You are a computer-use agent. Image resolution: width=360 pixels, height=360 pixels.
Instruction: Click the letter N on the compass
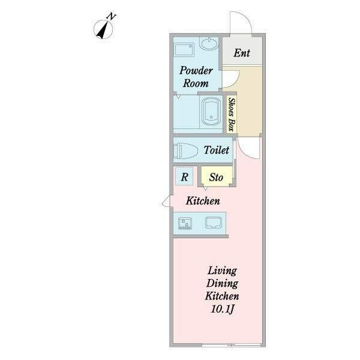(111, 17)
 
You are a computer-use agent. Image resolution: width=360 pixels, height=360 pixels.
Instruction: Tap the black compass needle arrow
(103, 31)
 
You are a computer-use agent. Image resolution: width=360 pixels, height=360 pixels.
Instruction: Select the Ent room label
(242, 53)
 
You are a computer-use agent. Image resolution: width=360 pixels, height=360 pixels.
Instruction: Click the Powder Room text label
(196, 77)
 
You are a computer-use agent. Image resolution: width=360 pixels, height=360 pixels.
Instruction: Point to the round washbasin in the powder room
(209, 43)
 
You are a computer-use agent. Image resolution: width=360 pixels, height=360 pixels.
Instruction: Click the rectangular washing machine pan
(184, 50)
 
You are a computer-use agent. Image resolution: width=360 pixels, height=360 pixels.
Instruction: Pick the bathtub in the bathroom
(211, 112)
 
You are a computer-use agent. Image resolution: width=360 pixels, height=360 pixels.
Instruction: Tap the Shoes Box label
(232, 115)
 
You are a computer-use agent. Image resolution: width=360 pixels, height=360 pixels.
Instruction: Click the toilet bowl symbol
(185, 151)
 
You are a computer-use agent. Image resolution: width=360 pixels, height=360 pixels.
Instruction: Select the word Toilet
(216, 150)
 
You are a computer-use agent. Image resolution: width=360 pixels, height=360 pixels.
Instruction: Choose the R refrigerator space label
(185, 177)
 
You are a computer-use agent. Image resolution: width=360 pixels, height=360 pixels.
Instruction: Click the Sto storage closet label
(216, 177)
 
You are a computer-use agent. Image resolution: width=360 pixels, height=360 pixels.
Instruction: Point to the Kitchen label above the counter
(203, 201)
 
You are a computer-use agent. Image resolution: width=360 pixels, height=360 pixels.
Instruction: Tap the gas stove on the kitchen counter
(185, 224)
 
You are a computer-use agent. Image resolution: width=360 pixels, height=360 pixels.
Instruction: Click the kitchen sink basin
(214, 223)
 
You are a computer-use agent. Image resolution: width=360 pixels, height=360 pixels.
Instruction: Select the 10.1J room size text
(222, 309)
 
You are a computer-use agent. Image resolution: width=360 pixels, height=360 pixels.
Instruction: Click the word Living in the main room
(222, 271)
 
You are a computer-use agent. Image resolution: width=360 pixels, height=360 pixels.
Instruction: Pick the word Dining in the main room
(222, 284)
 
